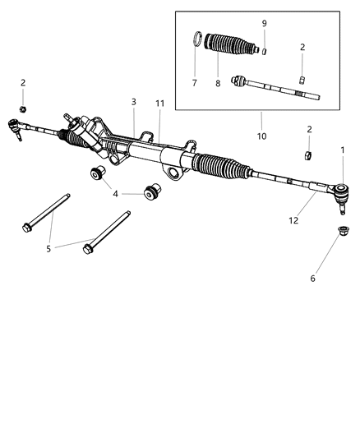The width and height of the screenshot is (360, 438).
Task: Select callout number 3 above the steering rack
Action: [x=133, y=101]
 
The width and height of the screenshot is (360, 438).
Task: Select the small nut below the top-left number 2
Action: [x=24, y=109]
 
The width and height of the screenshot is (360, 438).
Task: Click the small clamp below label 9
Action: [x=264, y=50]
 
